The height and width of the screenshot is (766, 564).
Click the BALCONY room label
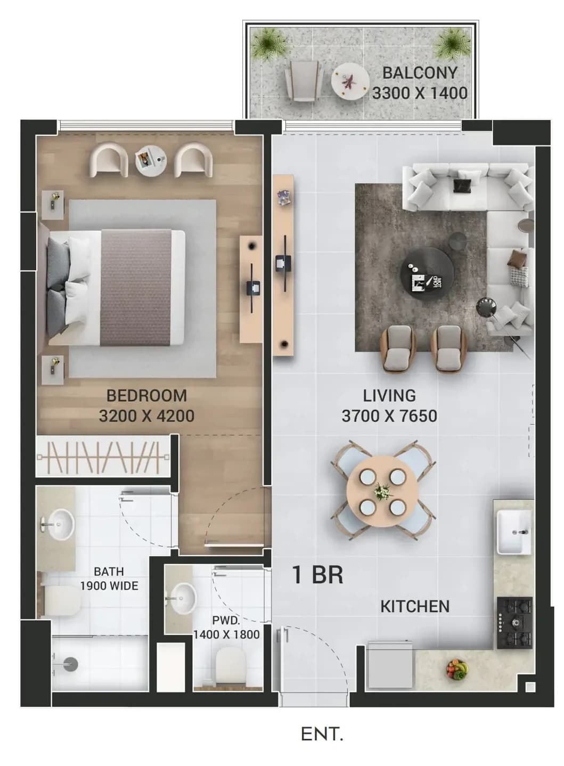click(x=420, y=73)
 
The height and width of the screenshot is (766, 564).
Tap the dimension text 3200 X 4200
click(x=146, y=416)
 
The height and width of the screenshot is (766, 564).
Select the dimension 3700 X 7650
click(x=389, y=416)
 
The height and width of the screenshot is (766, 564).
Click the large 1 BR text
click(x=317, y=574)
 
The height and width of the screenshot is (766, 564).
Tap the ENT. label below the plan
click(x=322, y=734)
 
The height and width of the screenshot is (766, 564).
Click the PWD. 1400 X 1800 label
click(x=226, y=627)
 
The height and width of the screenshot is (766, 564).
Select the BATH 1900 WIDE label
click(x=109, y=578)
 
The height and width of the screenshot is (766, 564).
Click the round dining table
click(x=382, y=491)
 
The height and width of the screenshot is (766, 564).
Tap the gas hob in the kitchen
click(x=514, y=623)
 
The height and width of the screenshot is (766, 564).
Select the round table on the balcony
click(x=350, y=82)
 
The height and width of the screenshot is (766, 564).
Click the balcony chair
click(x=304, y=81)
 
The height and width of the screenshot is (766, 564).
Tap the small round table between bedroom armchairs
click(x=151, y=161)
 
